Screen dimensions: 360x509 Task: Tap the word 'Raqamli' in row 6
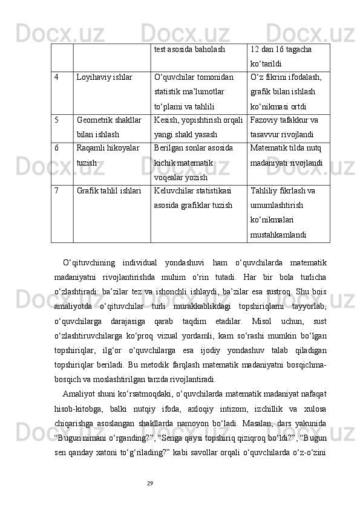90,148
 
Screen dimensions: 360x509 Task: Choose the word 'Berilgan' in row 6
169,148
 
